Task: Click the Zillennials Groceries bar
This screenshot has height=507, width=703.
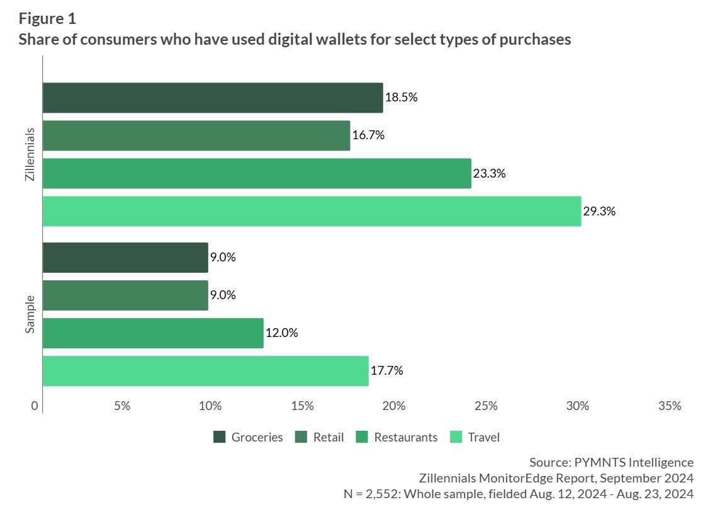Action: point(213,98)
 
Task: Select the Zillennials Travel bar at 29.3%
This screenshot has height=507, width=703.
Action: point(312,211)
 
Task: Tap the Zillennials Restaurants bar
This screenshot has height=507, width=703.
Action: point(257,173)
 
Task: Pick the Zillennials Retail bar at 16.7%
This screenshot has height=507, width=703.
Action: point(196,135)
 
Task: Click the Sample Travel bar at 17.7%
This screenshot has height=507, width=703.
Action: point(205,371)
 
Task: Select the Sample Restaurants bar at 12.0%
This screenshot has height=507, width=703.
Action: point(153,333)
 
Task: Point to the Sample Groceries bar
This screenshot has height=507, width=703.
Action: point(125,258)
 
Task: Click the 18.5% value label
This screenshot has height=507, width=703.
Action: point(402,98)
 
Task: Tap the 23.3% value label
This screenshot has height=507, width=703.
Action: point(490,173)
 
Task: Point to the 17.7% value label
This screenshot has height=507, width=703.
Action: point(386,371)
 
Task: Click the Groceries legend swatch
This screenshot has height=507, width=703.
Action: point(220,437)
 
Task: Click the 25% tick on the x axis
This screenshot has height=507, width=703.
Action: point(486,406)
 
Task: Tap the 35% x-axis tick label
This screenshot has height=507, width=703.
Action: point(669,406)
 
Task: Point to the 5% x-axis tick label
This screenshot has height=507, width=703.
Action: point(122,406)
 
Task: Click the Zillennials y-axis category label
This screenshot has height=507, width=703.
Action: point(30,155)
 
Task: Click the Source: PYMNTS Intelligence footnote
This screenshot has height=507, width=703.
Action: point(611,462)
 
